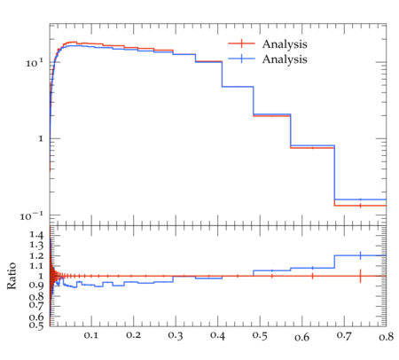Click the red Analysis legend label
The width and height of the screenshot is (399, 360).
[285, 44]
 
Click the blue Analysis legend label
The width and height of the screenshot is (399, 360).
[285, 59]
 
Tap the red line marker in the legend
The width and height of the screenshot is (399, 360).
[241, 43]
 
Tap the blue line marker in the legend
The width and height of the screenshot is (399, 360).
[241, 59]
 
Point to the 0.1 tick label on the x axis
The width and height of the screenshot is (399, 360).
[91, 335]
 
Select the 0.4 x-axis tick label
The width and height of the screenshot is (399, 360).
[217, 336]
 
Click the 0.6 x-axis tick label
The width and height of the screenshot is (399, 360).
[302, 337]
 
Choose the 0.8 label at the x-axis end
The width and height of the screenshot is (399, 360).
[386, 337]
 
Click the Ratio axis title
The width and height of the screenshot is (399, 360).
[12, 276]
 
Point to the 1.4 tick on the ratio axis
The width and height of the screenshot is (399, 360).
[36, 235]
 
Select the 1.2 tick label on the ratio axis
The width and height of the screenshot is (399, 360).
[36, 255]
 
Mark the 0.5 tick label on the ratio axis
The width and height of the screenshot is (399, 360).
[36, 325]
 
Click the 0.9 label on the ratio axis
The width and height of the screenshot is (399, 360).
[36, 286]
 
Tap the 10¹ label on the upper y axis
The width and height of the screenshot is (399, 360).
[35, 63]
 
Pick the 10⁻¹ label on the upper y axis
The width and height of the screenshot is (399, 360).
[32, 216]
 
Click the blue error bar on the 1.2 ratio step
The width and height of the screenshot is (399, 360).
[360, 255]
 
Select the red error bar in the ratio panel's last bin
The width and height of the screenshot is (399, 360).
[360, 276]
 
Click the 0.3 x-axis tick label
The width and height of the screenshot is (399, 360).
[176, 335]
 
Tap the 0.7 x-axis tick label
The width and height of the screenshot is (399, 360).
[344, 335]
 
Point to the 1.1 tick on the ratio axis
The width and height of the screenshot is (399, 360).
[36, 266]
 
